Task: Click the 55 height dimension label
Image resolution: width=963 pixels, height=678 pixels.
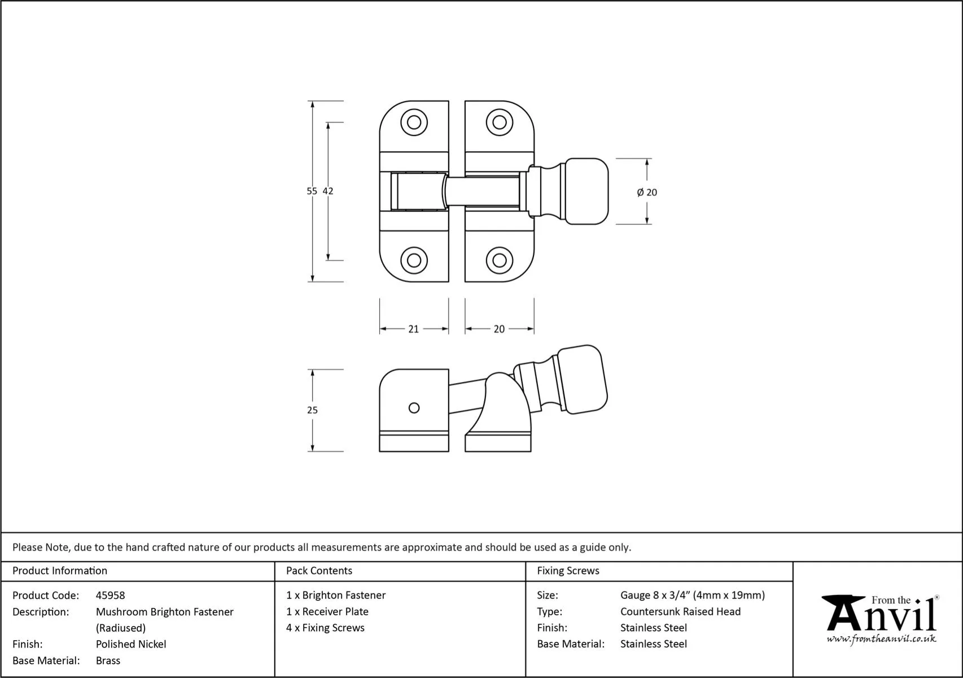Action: click(312, 192)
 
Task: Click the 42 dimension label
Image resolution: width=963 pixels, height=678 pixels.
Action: click(328, 192)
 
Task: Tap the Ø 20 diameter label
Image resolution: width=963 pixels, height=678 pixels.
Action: click(647, 193)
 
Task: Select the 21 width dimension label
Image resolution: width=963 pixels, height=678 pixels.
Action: click(413, 329)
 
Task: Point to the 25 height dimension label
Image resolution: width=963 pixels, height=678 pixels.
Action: click(312, 410)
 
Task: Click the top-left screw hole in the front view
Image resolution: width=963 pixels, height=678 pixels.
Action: click(414, 123)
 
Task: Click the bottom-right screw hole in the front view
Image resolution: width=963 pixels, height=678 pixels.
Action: click(499, 260)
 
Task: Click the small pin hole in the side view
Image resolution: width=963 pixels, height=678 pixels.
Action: click(414, 408)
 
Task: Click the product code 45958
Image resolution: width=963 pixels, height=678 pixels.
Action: click(111, 596)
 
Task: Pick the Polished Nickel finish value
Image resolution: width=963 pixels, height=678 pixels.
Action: click(131, 644)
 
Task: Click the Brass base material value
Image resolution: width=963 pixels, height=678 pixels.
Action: click(108, 660)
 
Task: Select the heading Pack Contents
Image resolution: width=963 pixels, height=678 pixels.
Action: click(319, 571)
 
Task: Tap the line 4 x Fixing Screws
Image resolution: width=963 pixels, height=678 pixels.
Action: click(325, 628)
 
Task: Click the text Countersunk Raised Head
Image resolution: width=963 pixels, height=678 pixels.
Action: click(680, 611)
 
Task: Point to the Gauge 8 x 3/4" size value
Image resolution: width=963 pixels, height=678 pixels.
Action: click(692, 596)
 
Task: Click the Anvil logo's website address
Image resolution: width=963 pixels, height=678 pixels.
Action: click(881, 639)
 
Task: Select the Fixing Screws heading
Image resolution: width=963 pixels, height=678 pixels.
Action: click(568, 571)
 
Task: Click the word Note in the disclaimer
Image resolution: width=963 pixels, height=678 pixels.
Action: click(57, 547)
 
